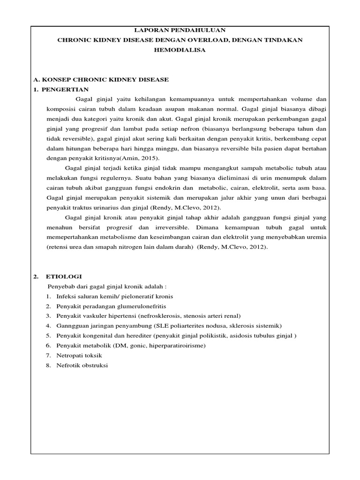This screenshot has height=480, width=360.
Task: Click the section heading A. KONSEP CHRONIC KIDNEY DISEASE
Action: click(x=102, y=80)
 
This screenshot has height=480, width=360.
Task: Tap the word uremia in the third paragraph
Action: click(x=315, y=237)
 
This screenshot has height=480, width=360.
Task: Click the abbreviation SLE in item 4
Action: click(x=157, y=326)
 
